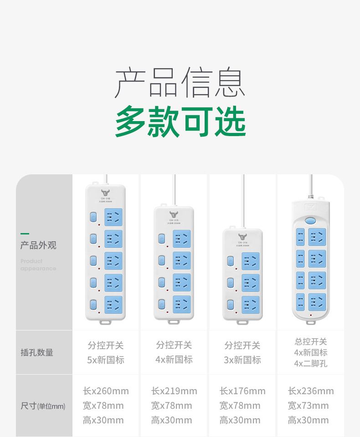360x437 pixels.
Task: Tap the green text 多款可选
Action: pyautogui.click(x=180, y=122)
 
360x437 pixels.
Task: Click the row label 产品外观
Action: pyautogui.click(x=38, y=245)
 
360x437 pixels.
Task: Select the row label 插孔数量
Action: pyautogui.click(x=37, y=352)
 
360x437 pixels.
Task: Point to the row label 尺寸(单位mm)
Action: pyautogui.click(x=43, y=406)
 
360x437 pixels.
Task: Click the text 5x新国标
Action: pyautogui.click(x=106, y=360)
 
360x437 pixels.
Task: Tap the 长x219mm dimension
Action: pyautogui.click(x=174, y=391)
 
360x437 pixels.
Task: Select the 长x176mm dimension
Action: pyautogui.click(x=242, y=391)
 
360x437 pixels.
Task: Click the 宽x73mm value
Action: pyautogui.click(x=308, y=406)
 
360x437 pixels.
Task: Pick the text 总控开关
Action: pyautogui.click(x=311, y=342)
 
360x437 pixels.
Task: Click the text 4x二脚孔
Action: pyautogui.click(x=311, y=364)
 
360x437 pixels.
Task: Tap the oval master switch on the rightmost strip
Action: pyautogui.click(x=311, y=221)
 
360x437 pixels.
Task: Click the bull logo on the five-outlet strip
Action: pyautogui.click(x=106, y=193)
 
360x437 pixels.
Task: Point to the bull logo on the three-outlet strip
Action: pyautogui.click(x=242, y=237)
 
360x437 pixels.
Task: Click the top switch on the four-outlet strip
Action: pyautogui.click(x=161, y=238)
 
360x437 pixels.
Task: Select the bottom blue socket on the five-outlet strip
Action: pyautogui.click(x=113, y=305)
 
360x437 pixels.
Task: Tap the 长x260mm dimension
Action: pyautogui.click(x=106, y=391)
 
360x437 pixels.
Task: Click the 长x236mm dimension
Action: pyautogui.click(x=311, y=391)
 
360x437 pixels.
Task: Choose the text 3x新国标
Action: pyautogui.click(x=242, y=360)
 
